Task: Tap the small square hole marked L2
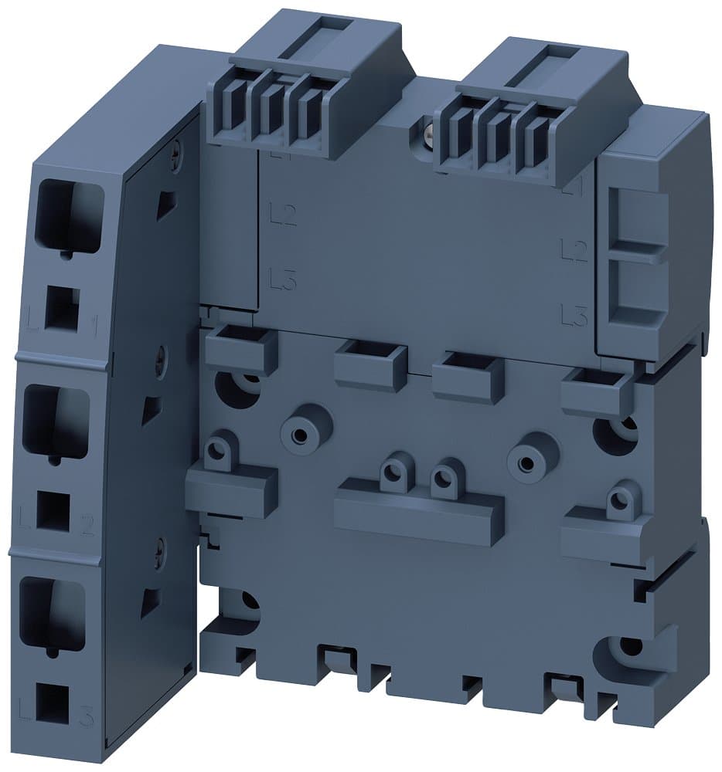[x=53, y=511]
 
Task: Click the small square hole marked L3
[x=50, y=702]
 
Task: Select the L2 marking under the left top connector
[x=283, y=214]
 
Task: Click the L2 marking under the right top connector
[x=573, y=249]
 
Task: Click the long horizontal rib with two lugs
[x=418, y=510]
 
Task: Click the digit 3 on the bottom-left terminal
[x=87, y=716]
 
